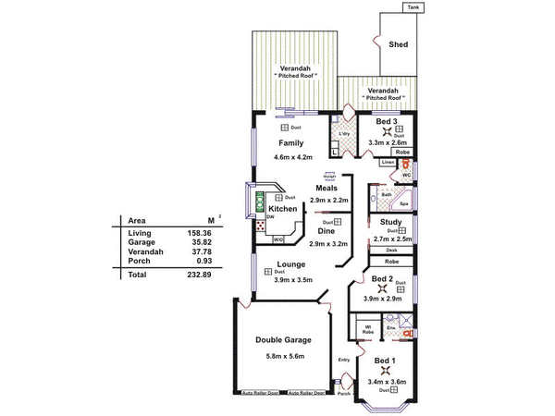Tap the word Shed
pyautogui.click(x=399, y=43)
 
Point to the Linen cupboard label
pyautogui.click(x=388, y=163)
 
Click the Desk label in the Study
pyautogui.click(x=391, y=251)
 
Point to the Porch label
pyautogui.click(x=344, y=394)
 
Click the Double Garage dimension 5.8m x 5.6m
pyautogui.click(x=283, y=356)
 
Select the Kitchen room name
pyautogui.click(x=283, y=209)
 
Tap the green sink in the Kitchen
pyautogui.click(x=260, y=198)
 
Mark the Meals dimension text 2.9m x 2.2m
pyautogui.click(x=329, y=201)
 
